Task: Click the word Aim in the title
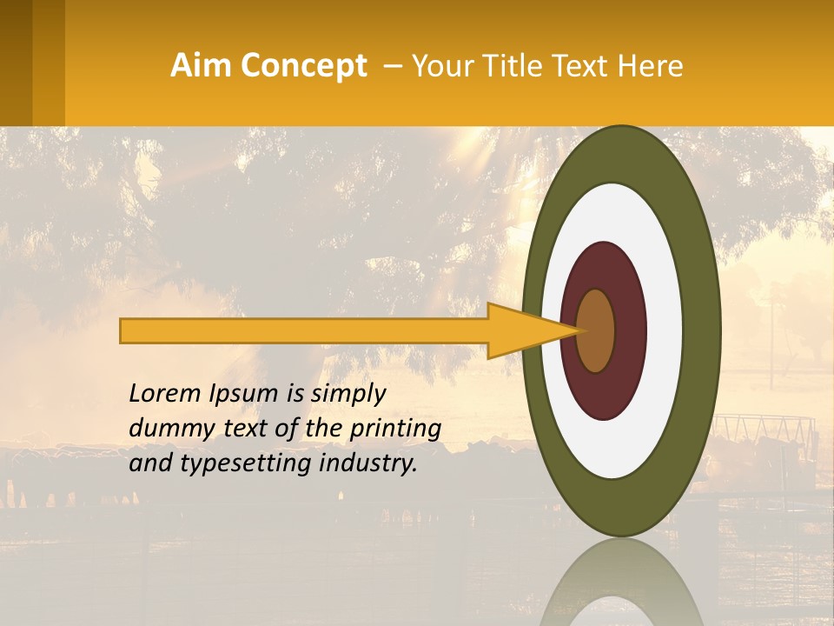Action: click(x=202, y=66)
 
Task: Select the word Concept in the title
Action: click(x=303, y=66)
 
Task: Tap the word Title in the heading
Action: click(x=515, y=66)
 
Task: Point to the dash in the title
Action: click(x=393, y=66)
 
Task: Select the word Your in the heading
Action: click(x=440, y=66)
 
